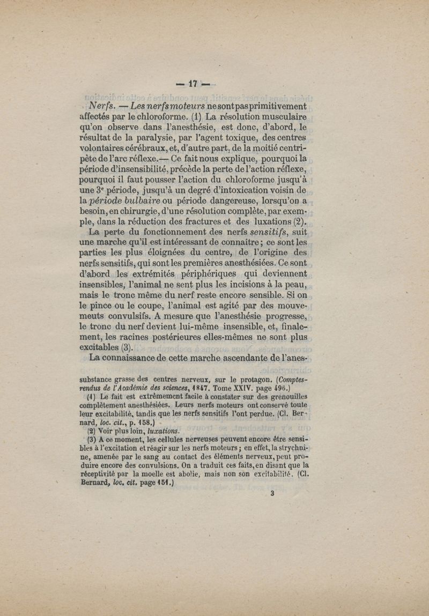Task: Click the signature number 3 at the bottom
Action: tap(272, 495)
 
